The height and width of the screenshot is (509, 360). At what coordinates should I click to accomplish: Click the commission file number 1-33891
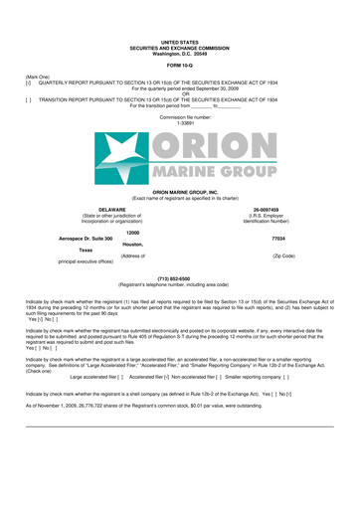180,122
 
